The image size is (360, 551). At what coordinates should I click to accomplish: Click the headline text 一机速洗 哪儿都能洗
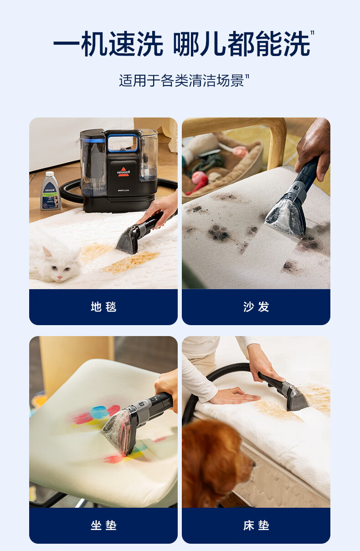182,44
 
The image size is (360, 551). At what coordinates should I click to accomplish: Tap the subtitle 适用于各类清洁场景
181,81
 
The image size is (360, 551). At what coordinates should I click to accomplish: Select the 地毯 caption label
103,307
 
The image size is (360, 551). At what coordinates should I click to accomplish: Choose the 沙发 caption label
256,307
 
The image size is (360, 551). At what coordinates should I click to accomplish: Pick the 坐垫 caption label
103,525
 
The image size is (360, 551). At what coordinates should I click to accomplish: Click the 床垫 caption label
256,525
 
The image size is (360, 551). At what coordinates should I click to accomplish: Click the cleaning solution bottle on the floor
50,191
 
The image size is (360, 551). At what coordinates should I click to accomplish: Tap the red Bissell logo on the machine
123,172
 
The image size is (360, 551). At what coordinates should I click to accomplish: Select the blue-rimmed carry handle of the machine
123,143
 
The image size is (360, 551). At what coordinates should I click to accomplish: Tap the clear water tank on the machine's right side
149,155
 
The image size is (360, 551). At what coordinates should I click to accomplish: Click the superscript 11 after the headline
312,33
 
